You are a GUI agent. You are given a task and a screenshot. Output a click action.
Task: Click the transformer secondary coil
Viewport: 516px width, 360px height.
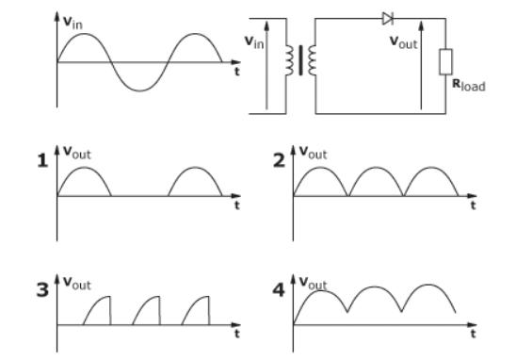[309, 61]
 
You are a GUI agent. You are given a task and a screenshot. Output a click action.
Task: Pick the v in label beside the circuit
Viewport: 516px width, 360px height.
[253, 41]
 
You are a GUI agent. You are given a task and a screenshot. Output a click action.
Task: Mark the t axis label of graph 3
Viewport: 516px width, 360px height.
[236, 333]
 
